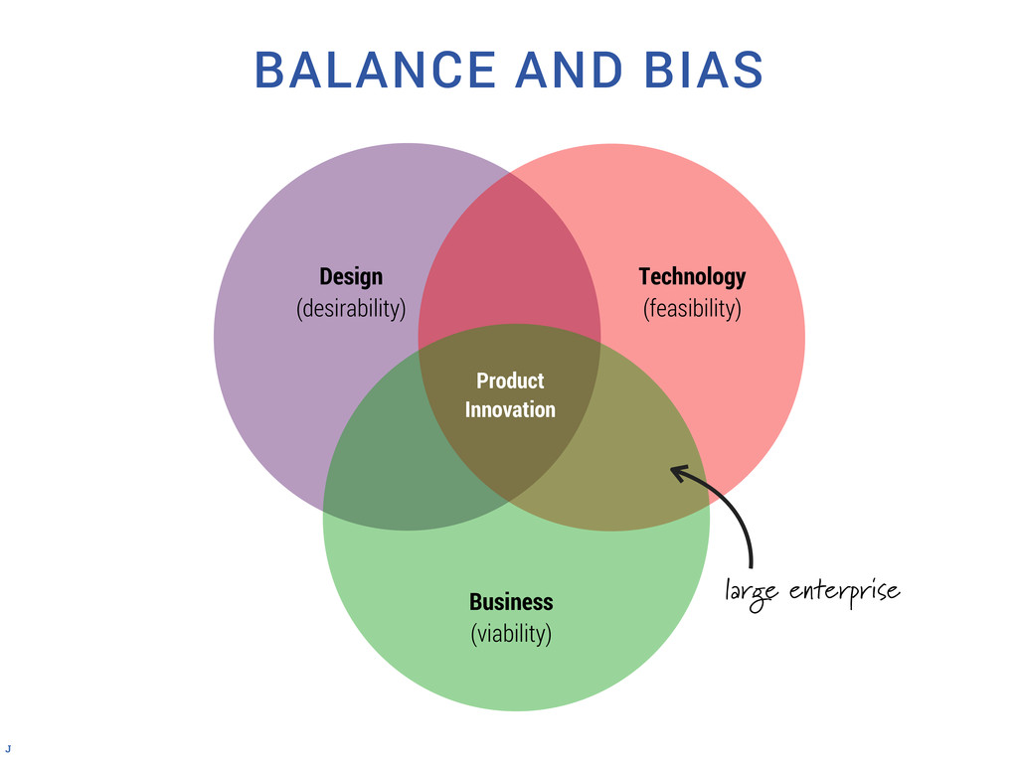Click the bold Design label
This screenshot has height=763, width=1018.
point(350,275)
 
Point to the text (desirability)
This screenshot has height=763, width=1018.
point(350,308)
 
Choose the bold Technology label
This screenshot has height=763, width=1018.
point(692,275)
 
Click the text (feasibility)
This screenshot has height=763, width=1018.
point(692,308)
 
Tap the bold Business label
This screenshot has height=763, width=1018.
point(511,601)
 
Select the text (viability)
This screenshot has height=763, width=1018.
point(511,633)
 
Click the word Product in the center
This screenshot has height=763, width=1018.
point(510,381)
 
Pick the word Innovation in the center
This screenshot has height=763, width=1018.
point(510,409)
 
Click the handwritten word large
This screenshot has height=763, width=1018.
point(753,594)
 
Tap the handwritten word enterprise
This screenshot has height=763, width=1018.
point(844,593)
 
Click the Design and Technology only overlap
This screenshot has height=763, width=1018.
point(509,258)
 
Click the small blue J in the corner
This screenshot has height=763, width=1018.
point(8,746)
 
